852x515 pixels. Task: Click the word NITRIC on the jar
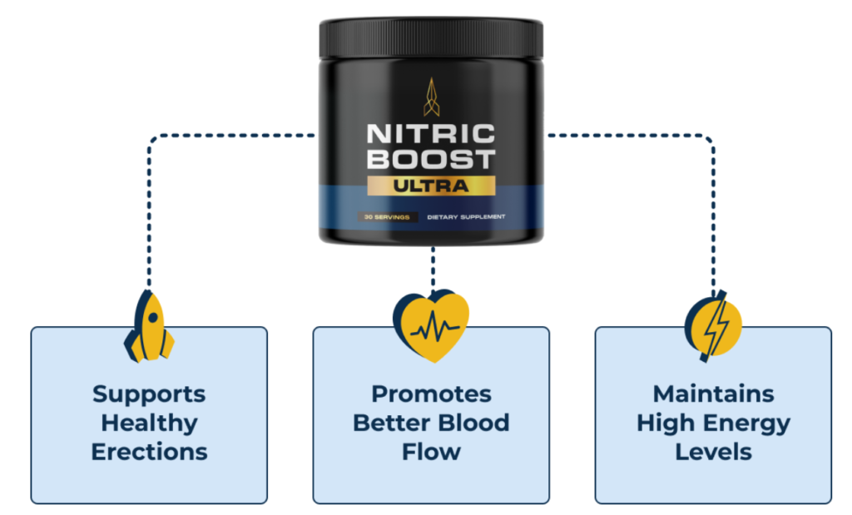(x=431, y=134)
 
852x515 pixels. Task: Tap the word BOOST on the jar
(x=431, y=160)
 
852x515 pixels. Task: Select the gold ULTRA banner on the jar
(x=431, y=186)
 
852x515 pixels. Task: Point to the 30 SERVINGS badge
(x=387, y=217)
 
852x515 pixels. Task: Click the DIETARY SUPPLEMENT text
(x=466, y=217)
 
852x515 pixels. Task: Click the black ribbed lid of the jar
(x=431, y=38)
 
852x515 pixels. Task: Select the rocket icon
(x=149, y=326)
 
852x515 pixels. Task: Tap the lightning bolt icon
(x=713, y=326)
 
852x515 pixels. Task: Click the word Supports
(x=149, y=394)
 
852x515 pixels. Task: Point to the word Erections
(x=150, y=452)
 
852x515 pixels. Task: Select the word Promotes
(x=432, y=394)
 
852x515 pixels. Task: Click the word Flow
(x=432, y=452)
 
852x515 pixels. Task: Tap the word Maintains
(x=713, y=394)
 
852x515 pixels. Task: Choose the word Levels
(x=713, y=452)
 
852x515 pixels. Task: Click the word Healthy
(x=150, y=423)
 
